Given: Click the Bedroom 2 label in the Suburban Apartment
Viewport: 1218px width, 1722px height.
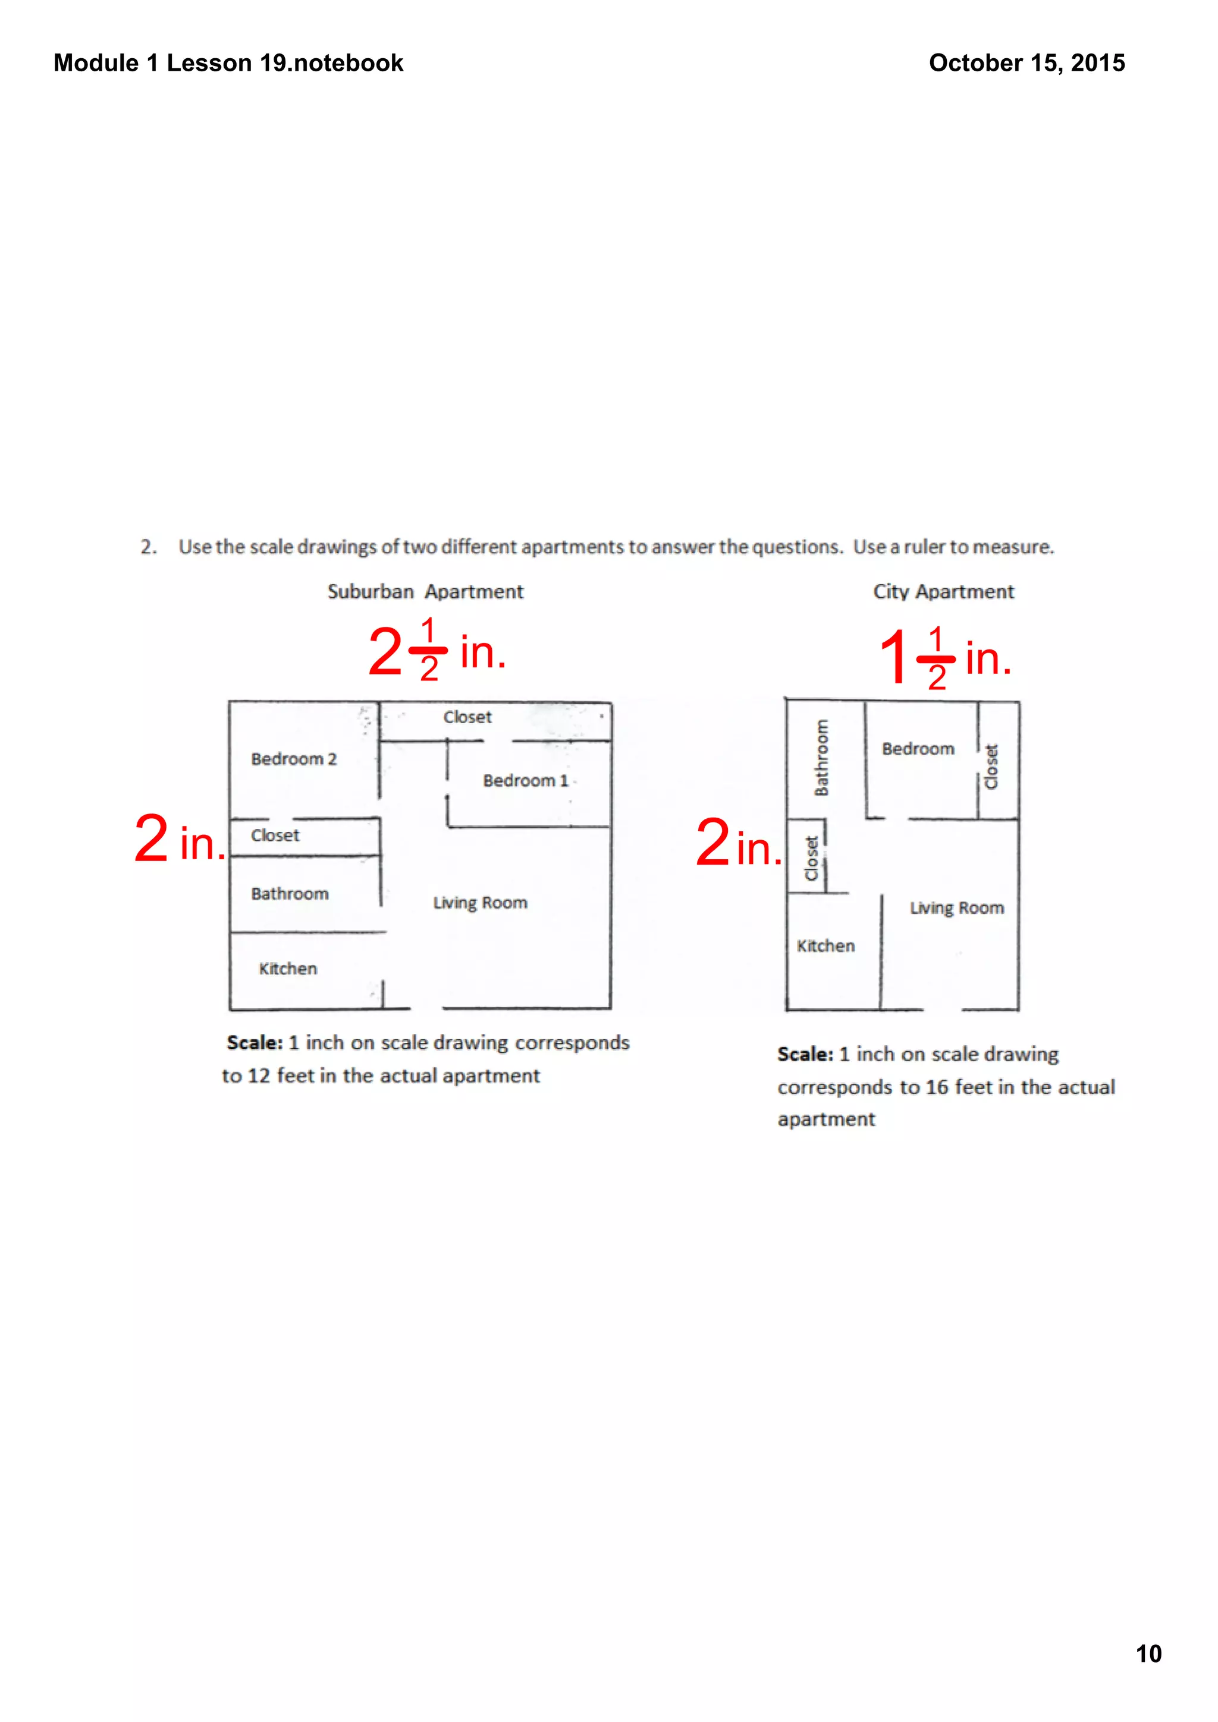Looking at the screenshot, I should [x=293, y=759].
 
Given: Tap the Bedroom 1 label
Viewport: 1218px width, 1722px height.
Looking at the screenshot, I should [x=525, y=781].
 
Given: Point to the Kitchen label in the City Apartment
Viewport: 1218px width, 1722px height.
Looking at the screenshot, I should [x=825, y=946].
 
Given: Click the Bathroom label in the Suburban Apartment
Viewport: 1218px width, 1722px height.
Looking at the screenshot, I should [x=290, y=894].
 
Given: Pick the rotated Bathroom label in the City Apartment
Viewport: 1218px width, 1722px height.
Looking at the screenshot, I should [x=822, y=758].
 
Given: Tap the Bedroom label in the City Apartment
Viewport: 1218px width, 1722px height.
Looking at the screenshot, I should [x=918, y=749].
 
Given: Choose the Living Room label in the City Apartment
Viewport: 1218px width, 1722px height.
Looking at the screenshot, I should [x=957, y=909].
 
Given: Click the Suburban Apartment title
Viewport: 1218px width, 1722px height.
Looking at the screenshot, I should [x=425, y=592].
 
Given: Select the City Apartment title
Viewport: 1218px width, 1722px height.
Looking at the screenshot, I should [x=943, y=592].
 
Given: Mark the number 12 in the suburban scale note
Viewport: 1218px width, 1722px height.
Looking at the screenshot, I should [x=258, y=1076].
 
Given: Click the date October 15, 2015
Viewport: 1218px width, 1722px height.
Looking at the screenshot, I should [x=1026, y=63].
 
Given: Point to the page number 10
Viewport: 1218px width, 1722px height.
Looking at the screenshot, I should [x=1148, y=1654].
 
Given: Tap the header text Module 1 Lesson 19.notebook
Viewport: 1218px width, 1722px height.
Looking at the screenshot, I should [x=228, y=63].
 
